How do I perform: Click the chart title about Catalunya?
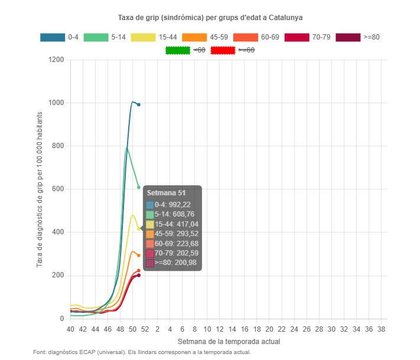coord(210,18)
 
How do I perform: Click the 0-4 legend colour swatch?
coord(52,37)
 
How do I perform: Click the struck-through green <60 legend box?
coord(177,50)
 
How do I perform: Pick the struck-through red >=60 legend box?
coord(223,50)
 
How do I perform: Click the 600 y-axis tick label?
coord(58,189)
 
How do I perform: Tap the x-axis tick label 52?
coord(145,329)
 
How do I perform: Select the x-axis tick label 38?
coord(381,329)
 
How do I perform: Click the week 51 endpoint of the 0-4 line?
coord(139,104)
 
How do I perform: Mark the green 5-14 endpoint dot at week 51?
coord(139,187)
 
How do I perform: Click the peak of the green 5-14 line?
coord(126,148)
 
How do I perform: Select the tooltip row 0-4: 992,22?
coord(172,205)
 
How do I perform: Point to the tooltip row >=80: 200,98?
coord(172,263)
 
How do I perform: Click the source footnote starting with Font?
coord(142,352)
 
